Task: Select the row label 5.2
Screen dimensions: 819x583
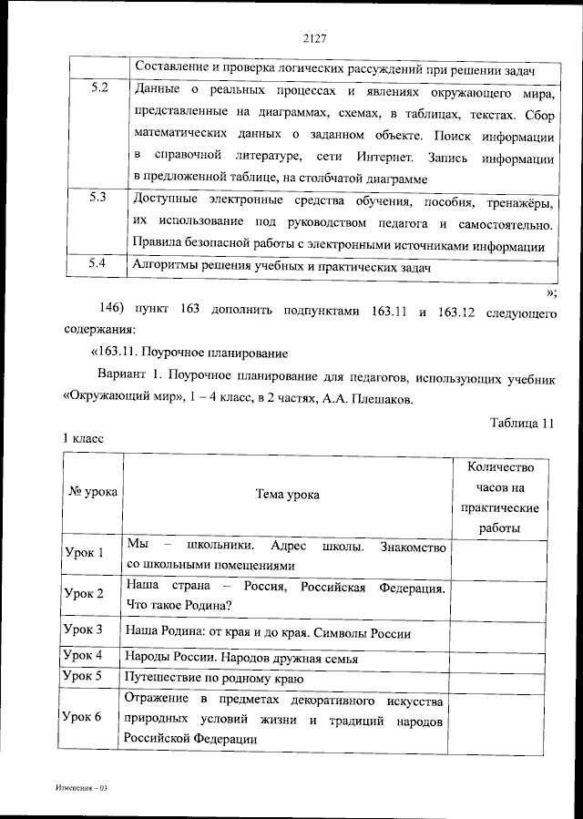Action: point(100,89)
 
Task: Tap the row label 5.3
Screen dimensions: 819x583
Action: point(100,198)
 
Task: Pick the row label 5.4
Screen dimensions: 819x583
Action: point(100,264)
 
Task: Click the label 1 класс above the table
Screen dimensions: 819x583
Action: point(83,438)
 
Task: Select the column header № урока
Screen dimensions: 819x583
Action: point(92,492)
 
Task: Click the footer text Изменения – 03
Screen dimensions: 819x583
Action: point(79,785)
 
